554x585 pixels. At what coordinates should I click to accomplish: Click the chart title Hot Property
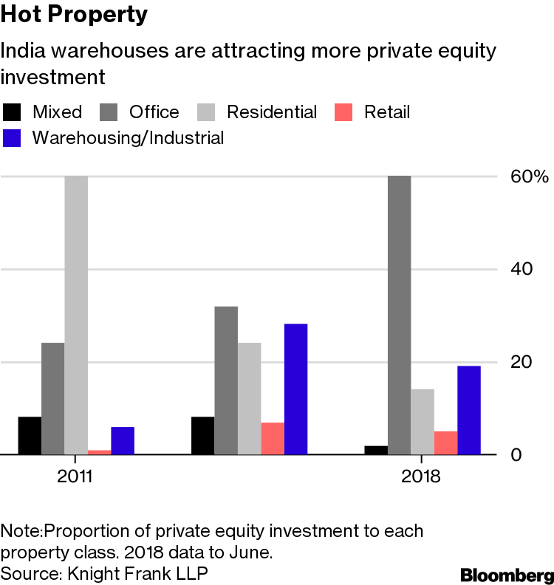[x=74, y=15]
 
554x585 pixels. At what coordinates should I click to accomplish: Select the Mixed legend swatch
[x=12, y=112]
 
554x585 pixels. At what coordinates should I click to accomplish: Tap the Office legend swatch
[x=109, y=112]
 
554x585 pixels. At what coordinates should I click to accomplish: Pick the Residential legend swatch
[x=206, y=112]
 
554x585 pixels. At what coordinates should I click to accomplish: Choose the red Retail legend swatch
[x=343, y=112]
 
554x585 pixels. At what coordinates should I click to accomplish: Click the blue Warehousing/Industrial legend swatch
[x=12, y=138]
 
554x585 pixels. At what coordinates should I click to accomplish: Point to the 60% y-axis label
[x=530, y=177]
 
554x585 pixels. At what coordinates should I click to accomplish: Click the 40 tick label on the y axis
[x=521, y=269]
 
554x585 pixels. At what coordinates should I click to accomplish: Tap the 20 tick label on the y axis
[x=521, y=362]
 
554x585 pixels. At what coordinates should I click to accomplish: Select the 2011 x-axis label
[x=75, y=476]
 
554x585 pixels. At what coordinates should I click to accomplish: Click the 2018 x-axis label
[x=421, y=476]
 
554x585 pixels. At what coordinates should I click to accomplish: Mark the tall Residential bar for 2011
[x=76, y=315]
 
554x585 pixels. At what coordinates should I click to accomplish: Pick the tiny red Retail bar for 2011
[x=100, y=452]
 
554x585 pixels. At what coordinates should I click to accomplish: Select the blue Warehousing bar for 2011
[x=123, y=441]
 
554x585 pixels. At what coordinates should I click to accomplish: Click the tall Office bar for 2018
[x=400, y=315]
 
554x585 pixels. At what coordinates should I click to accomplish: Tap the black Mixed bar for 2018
[x=376, y=451]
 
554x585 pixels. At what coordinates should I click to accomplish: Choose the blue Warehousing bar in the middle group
[x=296, y=389]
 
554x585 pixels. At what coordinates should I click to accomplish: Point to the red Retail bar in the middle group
[x=273, y=438]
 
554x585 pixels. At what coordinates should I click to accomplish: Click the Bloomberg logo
[x=507, y=575]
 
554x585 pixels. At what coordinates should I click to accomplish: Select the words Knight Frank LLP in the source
[x=137, y=574]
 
